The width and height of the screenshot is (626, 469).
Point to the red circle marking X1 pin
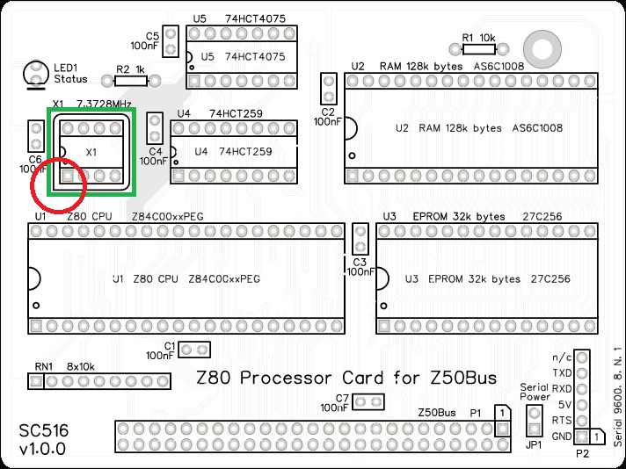pyautogui.click(x=57, y=184)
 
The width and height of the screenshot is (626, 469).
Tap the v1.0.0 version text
pyautogui.click(x=41, y=451)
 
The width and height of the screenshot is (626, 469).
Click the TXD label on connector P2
pyautogui.click(x=561, y=372)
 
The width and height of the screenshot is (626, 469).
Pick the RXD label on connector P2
pyautogui.click(x=561, y=388)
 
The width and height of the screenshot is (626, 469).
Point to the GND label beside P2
pyautogui.click(x=561, y=437)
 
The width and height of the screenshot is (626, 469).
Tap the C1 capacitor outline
pyautogui.click(x=194, y=350)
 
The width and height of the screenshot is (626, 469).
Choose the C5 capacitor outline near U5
pyautogui.click(x=172, y=39)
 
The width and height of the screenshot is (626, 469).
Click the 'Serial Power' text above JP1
pyautogui.click(x=535, y=391)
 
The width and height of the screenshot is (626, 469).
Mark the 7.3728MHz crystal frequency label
pyautogui.click(x=104, y=104)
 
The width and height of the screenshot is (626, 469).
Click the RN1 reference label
pyautogui.click(x=44, y=366)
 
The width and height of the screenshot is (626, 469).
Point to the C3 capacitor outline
pyautogui.click(x=359, y=240)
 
